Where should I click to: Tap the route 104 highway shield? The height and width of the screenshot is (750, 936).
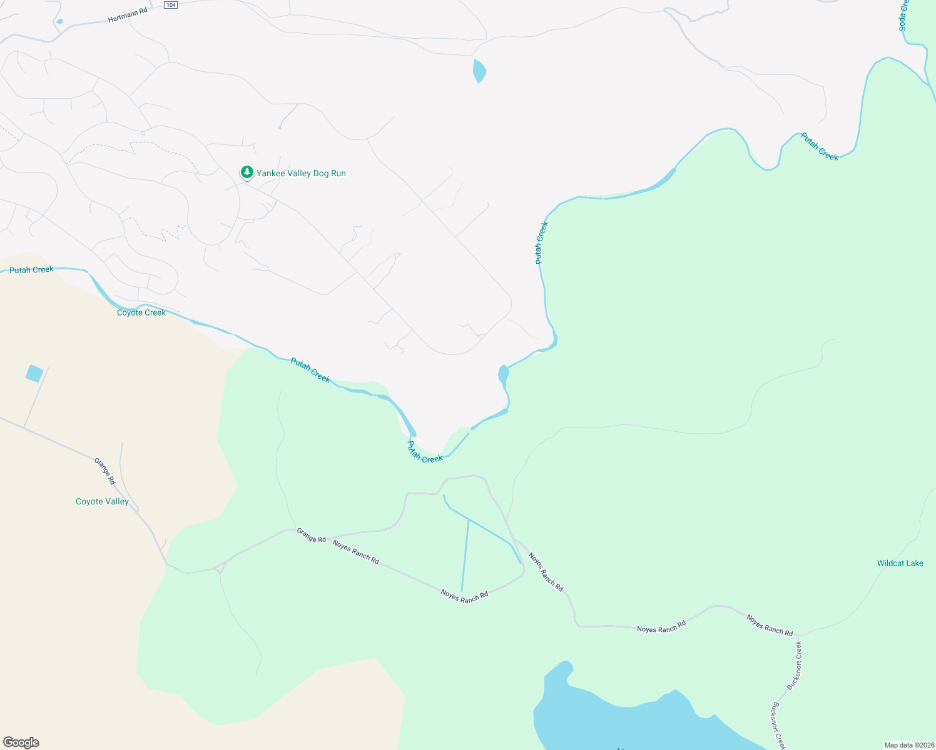click(x=171, y=5)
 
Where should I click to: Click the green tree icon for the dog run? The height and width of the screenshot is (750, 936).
click(x=247, y=172)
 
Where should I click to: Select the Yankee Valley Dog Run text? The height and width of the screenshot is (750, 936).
click(x=301, y=173)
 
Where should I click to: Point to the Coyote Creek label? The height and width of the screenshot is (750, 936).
click(x=141, y=312)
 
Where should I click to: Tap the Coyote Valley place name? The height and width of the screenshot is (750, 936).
click(x=102, y=501)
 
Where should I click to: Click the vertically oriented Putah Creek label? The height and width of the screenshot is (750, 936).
click(x=541, y=242)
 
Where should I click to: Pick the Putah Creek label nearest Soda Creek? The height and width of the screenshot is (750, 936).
click(x=820, y=146)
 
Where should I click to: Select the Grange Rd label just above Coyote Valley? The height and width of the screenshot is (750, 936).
click(x=105, y=471)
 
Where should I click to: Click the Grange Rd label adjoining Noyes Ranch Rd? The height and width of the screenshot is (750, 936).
click(x=311, y=535)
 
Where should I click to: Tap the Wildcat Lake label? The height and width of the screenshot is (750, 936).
click(x=900, y=563)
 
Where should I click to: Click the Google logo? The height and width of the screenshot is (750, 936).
click(x=21, y=742)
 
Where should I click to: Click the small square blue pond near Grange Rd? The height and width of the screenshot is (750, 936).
click(x=34, y=374)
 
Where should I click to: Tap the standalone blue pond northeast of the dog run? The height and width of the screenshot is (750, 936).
click(x=479, y=70)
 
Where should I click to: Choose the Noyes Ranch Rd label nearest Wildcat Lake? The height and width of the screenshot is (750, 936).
click(x=770, y=625)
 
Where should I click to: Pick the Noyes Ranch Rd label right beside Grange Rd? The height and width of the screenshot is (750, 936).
click(x=356, y=552)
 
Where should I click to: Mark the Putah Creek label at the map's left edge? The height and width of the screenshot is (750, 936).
click(x=31, y=270)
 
